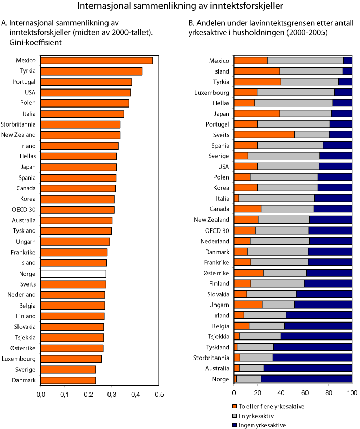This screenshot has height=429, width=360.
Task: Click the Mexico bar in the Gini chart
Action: point(97,61)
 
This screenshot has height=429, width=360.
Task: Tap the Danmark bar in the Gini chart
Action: point(68,380)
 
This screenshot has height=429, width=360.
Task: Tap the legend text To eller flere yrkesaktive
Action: point(277,406)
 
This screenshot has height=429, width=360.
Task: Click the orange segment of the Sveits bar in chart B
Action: point(264,135)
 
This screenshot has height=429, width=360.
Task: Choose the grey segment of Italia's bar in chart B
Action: point(277,198)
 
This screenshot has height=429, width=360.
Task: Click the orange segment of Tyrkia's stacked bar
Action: point(258,81)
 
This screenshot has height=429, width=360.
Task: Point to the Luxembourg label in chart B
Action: point(213,92)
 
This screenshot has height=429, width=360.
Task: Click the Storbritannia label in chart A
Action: point(18,124)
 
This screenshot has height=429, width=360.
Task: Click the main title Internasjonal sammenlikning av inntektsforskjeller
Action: point(179,7)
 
